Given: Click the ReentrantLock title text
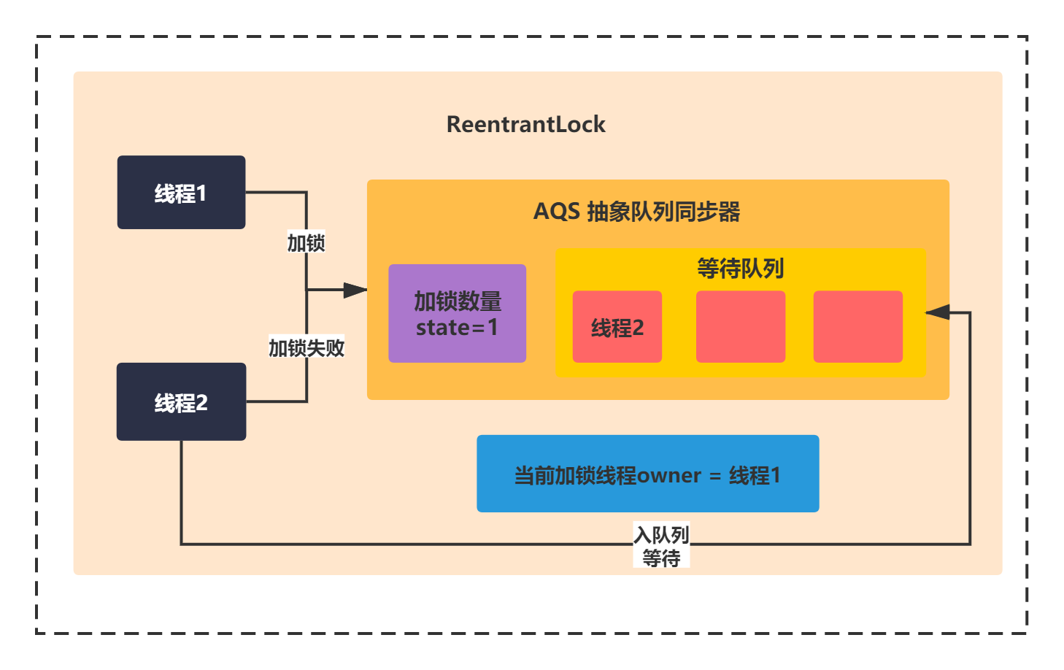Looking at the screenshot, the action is pos(526,125).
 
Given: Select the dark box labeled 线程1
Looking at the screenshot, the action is pos(182,193).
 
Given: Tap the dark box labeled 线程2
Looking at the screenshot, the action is pos(182,401).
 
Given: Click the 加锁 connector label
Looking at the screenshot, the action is pos(306,243).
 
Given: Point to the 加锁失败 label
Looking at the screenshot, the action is pos(307,348).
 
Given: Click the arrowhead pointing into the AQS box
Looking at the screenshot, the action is pos(355,290).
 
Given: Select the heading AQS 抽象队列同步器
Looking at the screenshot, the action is pos(636,212).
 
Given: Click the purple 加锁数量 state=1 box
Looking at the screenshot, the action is pos(458,314).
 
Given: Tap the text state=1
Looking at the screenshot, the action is pos(457,328).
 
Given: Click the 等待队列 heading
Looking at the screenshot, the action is pos(741,269).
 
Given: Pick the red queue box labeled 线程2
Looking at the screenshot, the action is pos(617,327).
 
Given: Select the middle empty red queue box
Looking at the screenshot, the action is pos(741,327).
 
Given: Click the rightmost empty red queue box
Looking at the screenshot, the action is pos(858,327).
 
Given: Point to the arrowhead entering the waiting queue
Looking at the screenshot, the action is pos(938,312).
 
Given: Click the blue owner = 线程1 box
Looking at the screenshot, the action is pos(648,474).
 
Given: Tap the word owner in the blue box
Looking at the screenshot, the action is pos(668,476).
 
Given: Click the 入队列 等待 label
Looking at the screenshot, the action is pos(661,546).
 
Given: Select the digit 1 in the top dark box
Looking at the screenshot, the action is pos(201,194).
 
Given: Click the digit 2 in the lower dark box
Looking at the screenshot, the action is pos(201,403).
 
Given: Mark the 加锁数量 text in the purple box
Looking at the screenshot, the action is pos(458,301).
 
